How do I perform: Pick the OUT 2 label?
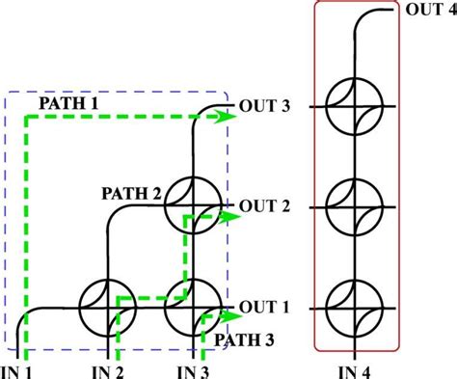tap(264, 205)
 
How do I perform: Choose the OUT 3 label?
tap(264, 106)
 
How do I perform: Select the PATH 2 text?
tap(132, 192)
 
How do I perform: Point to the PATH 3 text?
tap(245, 338)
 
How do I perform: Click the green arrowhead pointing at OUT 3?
tap(228, 117)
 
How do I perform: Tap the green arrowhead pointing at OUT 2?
tap(228, 217)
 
